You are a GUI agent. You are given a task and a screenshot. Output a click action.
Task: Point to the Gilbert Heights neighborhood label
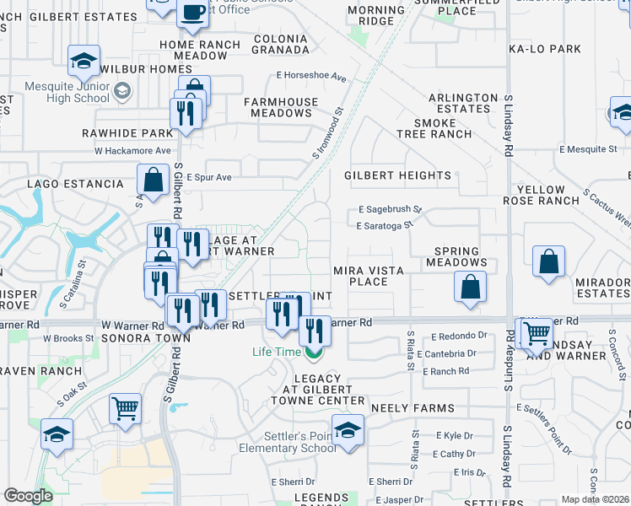(397, 175)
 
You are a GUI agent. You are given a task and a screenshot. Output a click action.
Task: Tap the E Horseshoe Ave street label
(312, 77)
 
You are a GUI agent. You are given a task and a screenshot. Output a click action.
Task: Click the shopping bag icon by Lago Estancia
(154, 180)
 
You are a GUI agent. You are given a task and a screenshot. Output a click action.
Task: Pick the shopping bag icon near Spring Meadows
(471, 286)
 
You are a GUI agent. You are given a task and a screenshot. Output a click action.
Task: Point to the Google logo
(29, 496)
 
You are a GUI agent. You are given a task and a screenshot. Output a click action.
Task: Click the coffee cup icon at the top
(192, 13)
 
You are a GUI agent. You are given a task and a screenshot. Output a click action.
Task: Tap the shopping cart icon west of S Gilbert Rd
(125, 409)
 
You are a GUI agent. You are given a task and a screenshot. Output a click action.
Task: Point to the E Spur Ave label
(209, 177)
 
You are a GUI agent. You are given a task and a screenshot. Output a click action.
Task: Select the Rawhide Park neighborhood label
(127, 133)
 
